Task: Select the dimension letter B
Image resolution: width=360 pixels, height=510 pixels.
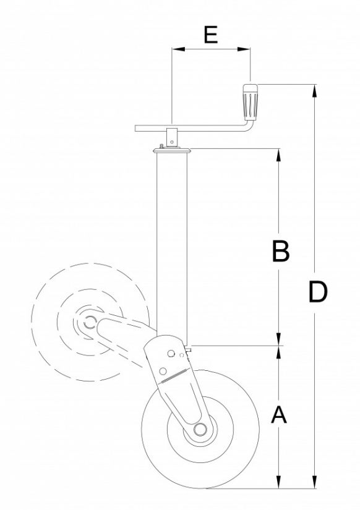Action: [x=280, y=252]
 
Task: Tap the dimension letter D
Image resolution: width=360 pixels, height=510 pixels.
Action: [x=317, y=291]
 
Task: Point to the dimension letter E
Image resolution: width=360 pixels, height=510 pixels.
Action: [x=211, y=35]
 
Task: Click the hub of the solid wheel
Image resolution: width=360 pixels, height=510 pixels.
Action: [x=200, y=430]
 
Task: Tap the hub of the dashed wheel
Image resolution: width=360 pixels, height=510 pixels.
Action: [x=88, y=321]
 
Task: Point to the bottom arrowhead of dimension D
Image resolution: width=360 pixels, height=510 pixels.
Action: [x=316, y=483]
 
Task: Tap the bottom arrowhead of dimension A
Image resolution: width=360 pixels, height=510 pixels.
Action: [x=280, y=483]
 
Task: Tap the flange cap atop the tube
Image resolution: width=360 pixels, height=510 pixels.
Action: [x=171, y=149]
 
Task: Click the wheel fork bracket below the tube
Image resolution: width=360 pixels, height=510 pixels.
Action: [x=173, y=377]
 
